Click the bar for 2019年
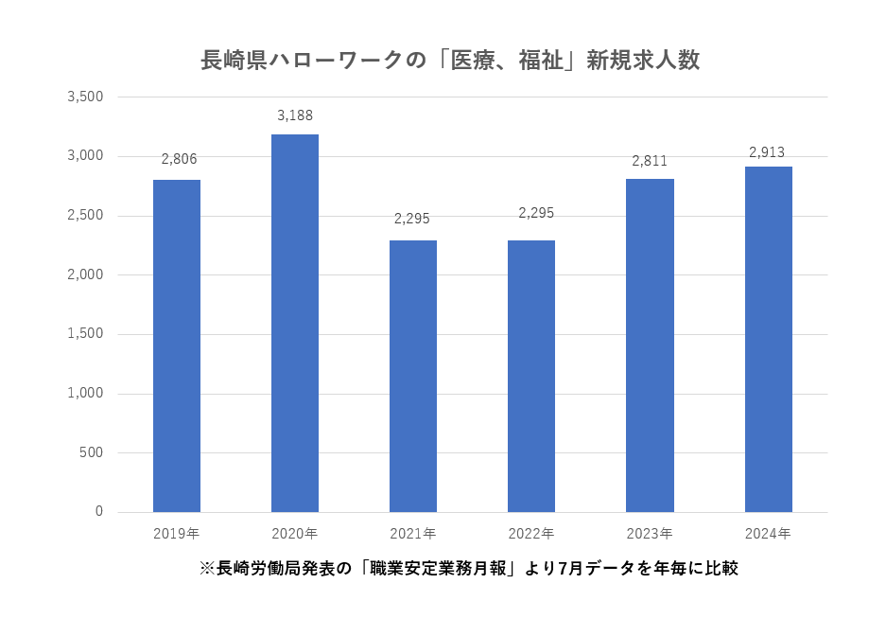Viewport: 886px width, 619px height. click(x=177, y=345)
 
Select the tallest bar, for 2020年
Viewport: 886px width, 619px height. click(x=295, y=323)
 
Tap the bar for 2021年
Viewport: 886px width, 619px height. click(x=413, y=376)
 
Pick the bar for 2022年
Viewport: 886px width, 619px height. click(x=531, y=376)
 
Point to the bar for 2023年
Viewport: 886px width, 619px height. click(x=650, y=345)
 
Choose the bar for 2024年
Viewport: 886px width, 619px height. click(x=768, y=339)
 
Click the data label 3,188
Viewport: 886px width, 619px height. click(x=295, y=115)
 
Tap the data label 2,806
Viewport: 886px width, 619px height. click(x=179, y=159)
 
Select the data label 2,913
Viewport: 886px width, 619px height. click(x=767, y=151)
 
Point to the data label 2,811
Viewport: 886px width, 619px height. click(x=650, y=161)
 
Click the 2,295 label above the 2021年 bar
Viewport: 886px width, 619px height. click(x=412, y=219)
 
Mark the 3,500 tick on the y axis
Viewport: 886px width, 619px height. click(x=85, y=97)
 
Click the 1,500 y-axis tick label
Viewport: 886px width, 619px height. click(x=85, y=334)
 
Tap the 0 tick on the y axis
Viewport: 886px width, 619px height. click(x=98, y=512)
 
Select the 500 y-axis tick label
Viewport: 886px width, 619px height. click(x=91, y=452)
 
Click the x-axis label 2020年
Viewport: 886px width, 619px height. click(x=294, y=534)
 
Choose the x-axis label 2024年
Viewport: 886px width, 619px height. click(x=768, y=534)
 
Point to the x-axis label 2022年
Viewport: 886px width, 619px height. click(x=531, y=534)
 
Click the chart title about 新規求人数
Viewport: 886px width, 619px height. click(x=450, y=61)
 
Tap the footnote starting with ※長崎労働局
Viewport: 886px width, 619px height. click(x=468, y=569)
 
